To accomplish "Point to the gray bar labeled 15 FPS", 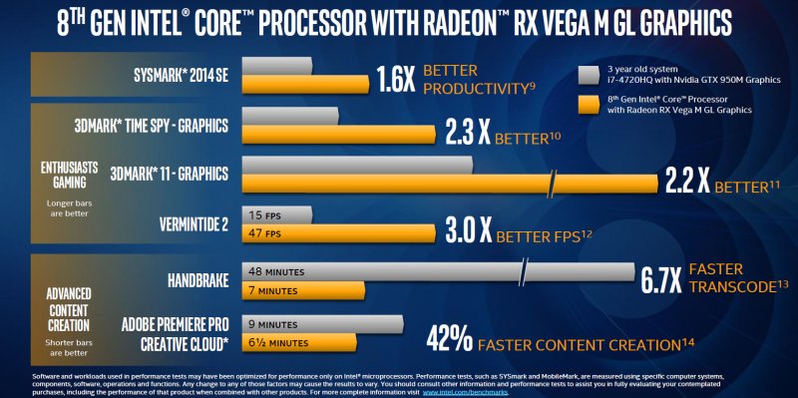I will (277, 214).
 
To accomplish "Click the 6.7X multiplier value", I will (660, 278).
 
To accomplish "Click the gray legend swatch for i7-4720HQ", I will (588, 73).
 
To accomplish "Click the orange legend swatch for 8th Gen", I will (588, 102).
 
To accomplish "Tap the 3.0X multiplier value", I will (466, 231).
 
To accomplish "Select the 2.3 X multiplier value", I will (465, 134).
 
